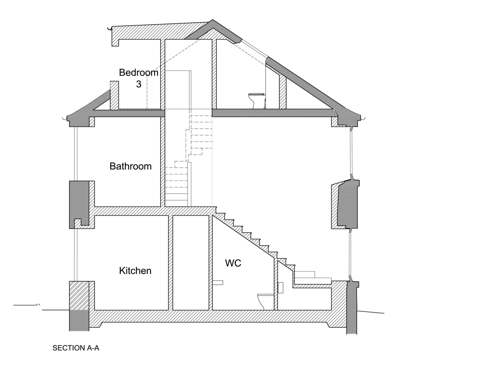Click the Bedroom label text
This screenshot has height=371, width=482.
[139, 73]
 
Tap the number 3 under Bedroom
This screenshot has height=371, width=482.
[139, 84]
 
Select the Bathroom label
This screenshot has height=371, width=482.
[131, 166]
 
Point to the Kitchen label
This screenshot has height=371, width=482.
[135, 271]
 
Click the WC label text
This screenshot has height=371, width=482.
[233, 263]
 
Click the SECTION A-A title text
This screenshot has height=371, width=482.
[76, 348]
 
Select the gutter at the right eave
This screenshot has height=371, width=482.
[363, 117]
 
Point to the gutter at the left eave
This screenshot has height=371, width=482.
[65, 117]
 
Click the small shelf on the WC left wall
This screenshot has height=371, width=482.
[218, 283]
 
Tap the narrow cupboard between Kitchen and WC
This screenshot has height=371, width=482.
[191, 263]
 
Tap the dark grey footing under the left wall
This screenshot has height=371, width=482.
[79, 320]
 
